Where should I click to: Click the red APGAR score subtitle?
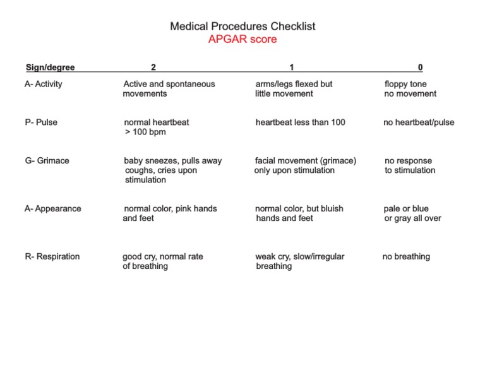(x=242, y=39)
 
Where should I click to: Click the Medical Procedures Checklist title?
(x=242, y=27)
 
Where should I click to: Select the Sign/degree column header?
(x=50, y=68)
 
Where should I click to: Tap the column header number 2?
(x=153, y=68)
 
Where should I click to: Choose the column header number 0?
(x=421, y=68)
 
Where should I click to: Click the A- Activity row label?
(x=44, y=84)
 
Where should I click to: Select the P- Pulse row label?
(x=41, y=122)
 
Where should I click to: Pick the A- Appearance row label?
(x=53, y=208)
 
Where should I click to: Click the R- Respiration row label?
(x=52, y=256)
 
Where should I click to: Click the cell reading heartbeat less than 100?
(x=300, y=122)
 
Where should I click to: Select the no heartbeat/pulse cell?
(x=419, y=122)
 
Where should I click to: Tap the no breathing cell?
(x=406, y=256)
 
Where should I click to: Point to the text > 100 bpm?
(x=145, y=132)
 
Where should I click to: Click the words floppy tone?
(x=405, y=84)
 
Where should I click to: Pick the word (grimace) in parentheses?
(x=336, y=160)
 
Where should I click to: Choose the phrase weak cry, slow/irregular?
(x=299, y=256)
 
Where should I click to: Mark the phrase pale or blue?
(x=406, y=208)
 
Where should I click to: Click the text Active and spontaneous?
(x=169, y=84)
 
